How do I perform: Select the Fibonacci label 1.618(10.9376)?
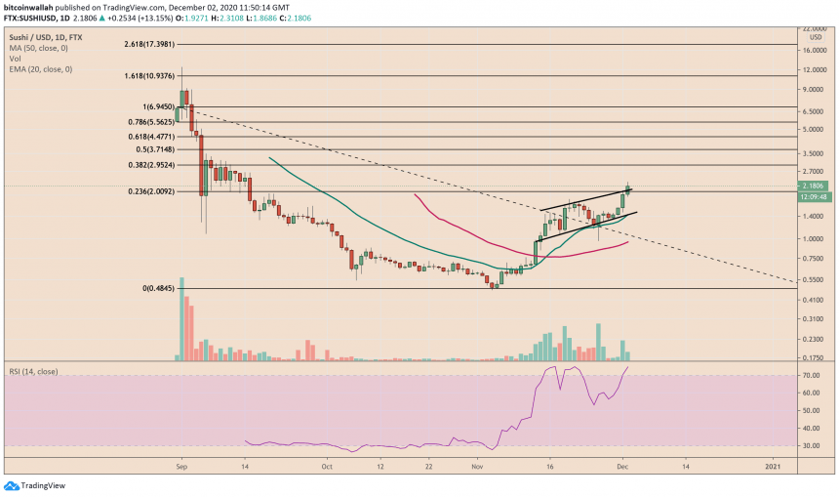coord(151,75)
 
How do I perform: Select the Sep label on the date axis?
coord(180,467)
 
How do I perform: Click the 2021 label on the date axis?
coord(775,467)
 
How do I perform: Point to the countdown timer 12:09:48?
coord(816,196)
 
